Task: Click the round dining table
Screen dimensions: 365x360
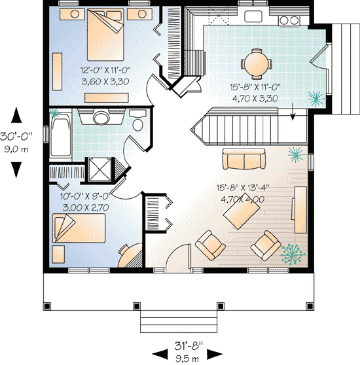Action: tap(257, 63)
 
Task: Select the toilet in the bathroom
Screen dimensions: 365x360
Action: tap(137, 124)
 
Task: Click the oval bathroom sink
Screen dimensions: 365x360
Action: tap(101, 118)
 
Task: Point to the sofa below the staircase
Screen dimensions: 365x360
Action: tap(243, 159)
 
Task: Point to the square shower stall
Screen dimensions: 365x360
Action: tap(101, 170)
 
